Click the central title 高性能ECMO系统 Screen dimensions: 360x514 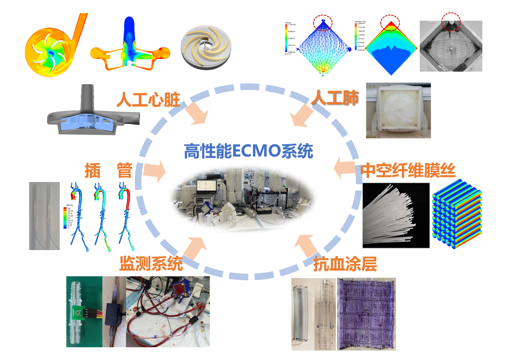pyautogui.click(x=248, y=151)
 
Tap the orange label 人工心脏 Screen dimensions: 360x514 pyautogui.click(x=148, y=99)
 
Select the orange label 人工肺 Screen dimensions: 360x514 pyautogui.click(x=335, y=98)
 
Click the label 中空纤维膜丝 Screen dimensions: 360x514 pyautogui.click(x=408, y=170)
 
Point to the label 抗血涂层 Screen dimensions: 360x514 pyautogui.click(x=345, y=264)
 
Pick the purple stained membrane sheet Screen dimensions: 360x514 pyautogui.click(x=366, y=314)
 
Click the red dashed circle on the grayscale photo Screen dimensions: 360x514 pyautogui.click(x=451, y=21)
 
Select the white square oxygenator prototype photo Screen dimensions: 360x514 pyautogui.click(x=398, y=110)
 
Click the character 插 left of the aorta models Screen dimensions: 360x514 pyautogui.click(x=92, y=171)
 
